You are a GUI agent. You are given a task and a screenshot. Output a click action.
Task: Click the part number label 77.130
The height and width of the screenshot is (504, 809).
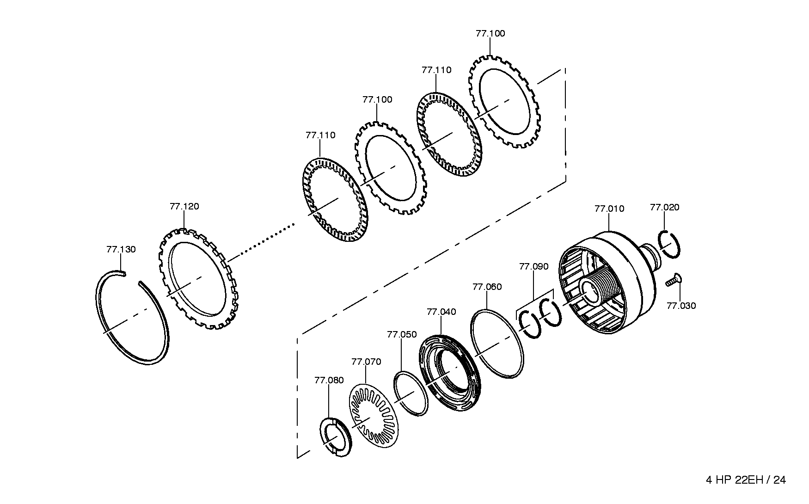(121, 250)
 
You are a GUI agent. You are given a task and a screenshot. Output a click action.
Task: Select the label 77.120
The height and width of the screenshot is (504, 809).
(184, 207)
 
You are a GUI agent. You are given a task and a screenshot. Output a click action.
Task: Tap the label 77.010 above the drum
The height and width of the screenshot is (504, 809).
(609, 209)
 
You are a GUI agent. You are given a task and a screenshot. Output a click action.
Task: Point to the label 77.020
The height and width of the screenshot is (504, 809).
(665, 208)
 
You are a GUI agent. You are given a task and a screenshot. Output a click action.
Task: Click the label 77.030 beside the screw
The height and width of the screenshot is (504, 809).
(681, 306)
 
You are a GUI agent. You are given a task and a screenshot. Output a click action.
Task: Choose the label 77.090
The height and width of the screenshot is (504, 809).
(534, 267)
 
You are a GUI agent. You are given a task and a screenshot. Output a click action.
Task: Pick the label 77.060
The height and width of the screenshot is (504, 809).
(487, 287)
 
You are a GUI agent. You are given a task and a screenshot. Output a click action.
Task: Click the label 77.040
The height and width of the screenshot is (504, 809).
(441, 312)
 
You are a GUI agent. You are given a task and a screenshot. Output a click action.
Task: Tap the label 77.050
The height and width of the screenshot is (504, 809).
(402, 335)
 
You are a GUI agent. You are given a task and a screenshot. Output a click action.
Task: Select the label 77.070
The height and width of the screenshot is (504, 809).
(366, 362)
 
